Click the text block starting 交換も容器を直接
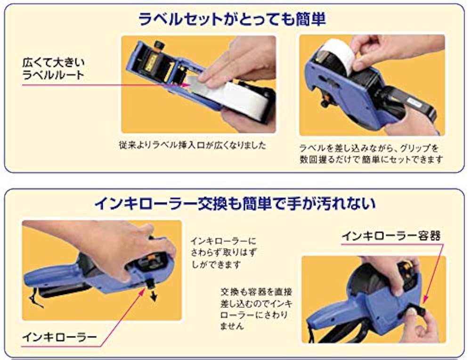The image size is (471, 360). pyautogui.click(x=254, y=308)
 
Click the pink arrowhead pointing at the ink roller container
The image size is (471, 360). pyautogui.click(x=424, y=300)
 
